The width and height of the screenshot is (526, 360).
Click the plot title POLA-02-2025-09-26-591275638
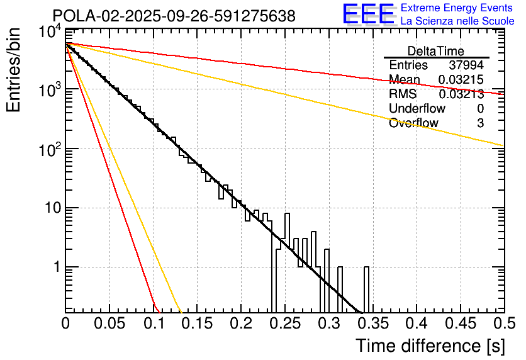pyautogui.click(x=174, y=16)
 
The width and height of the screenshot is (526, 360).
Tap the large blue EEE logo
pyautogui.click(x=369, y=15)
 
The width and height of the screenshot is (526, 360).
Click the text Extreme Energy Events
pyautogui.click(x=457, y=8)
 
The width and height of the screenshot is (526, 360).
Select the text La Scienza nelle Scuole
pyautogui.click(x=457, y=21)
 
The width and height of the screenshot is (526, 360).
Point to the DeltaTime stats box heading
pyautogui.click(x=436, y=51)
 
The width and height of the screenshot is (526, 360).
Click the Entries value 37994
pyautogui.click(x=466, y=65)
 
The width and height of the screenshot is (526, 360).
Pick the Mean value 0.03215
pyautogui.click(x=461, y=80)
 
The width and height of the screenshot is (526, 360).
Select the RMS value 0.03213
pyautogui.click(x=461, y=94)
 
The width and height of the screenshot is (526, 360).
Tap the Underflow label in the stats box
pyautogui.click(x=417, y=109)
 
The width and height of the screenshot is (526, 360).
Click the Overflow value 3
pyautogui.click(x=480, y=123)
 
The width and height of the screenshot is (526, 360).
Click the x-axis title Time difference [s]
pyautogui.click(x=429, y=346)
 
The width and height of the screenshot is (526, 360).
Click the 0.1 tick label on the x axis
pyautogui.click(x=153, y=323)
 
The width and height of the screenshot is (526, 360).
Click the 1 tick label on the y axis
pyautogui.click(x=55, y=267)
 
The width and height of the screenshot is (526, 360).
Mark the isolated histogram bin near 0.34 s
pyautogui.click(x=366, y=290)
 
